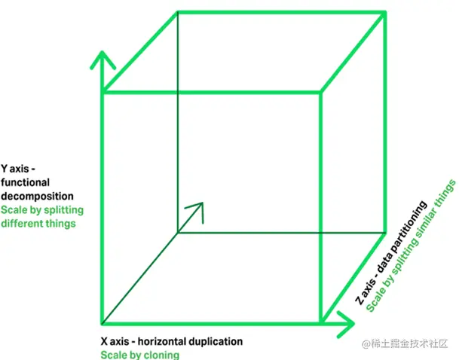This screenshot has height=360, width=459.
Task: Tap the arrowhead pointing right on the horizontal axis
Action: coord(348,325)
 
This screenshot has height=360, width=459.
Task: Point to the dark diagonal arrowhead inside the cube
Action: coord(197,209)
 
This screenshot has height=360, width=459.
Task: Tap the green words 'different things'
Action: coord(38,223)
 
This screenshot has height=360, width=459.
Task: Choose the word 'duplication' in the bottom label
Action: coord(218,341)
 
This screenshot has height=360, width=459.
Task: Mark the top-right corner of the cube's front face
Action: coord(322,93)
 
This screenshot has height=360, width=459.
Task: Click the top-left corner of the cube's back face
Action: coord(178,13)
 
